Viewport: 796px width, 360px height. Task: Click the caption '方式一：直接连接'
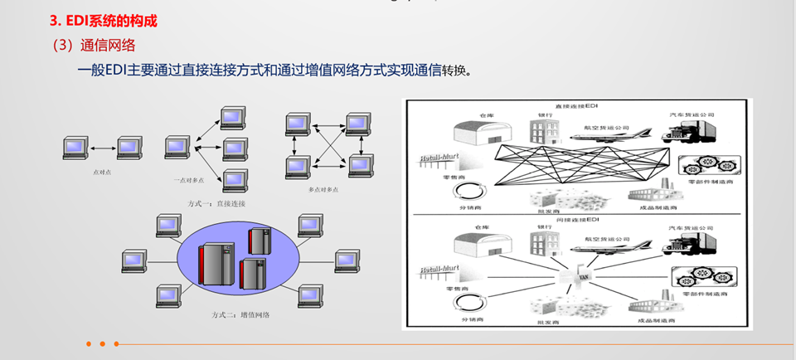tap(217, 203)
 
